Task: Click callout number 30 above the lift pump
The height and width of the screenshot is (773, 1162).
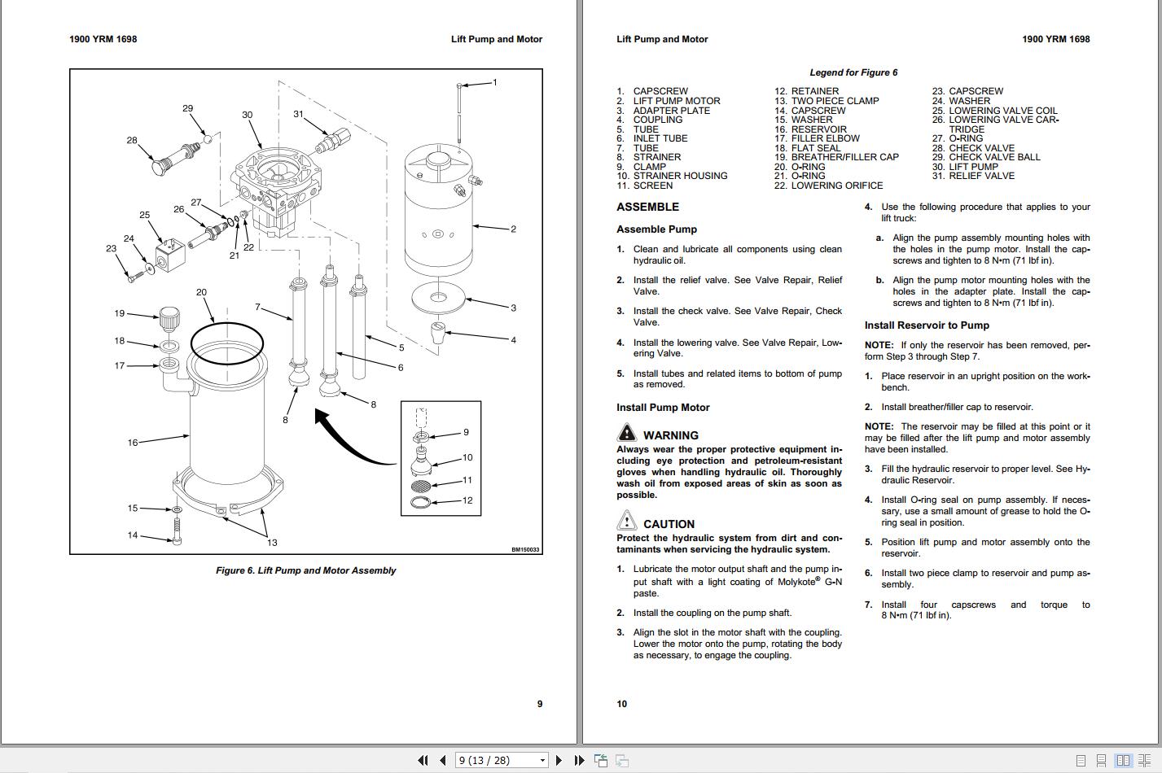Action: point(247,115)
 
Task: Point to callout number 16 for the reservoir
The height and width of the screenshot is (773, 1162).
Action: point(133,443)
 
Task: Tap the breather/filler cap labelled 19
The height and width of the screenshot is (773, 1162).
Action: point(169,318)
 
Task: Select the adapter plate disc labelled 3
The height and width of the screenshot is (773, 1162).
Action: point(438,297)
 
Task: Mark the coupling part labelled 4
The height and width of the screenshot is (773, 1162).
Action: point(438,331)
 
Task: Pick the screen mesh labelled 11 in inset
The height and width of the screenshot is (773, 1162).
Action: point(421,486)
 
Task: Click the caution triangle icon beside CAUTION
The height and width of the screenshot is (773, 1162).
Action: point(626,522)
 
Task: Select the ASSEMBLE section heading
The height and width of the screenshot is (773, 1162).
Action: point(647,207)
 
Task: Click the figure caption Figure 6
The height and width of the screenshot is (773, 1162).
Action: point(305,570)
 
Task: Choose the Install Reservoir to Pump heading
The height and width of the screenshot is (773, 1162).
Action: point(927,325)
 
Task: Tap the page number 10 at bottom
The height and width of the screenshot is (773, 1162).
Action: point(622,704)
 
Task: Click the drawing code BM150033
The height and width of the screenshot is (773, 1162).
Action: point(525,549)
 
